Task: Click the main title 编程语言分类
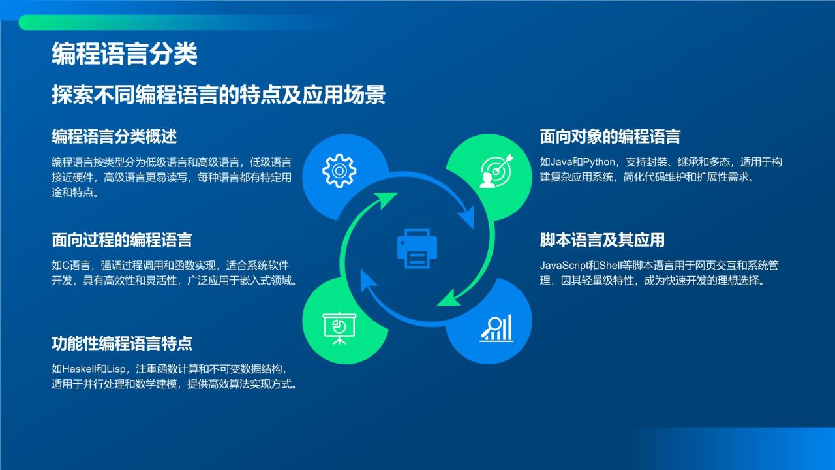[124, 54]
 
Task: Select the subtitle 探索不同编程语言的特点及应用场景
[219, 95]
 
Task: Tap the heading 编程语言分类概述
[114, 136]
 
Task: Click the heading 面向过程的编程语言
[122, 240]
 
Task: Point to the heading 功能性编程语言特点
[122, 343]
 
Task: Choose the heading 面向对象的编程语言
[610, 136]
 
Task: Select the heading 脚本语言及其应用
[602, 240]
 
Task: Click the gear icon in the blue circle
[339, 171]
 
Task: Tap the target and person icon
[496, 171]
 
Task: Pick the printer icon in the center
[417, 248]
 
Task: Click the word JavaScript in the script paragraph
[567, 266]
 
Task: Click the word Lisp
[115, 369]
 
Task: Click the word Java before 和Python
[562, 162]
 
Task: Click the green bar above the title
[130, 23]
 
